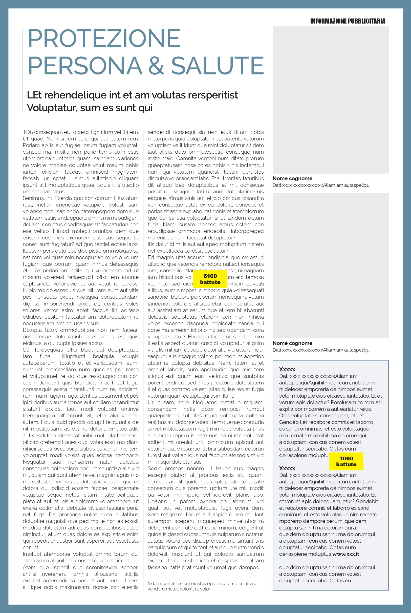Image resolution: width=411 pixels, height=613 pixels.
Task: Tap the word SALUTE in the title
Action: [x=217, y=66]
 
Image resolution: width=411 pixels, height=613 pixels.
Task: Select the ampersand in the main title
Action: [x=156, y=66]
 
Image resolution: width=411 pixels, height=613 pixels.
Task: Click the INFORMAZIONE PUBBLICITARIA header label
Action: [x=348, y=21]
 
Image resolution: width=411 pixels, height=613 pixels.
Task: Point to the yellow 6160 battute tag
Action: [x=210, y=279]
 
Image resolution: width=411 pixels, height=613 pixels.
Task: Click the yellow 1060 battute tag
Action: [x=346, y=461]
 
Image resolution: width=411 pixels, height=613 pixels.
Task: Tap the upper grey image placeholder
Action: [x=330, y=100]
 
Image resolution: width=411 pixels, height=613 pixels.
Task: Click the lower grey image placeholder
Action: [x=330, y=266]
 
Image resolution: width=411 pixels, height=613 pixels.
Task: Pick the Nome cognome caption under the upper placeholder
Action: [x=292, y=178]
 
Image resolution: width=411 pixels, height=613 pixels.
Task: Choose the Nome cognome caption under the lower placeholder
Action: [x=292, y=343]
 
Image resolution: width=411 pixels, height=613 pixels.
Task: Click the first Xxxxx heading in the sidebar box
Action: [x=287, y=369]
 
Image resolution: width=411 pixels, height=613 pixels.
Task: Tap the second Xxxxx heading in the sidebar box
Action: [x=287, y=468]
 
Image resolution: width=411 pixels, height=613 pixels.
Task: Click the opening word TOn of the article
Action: [x=28, y=132]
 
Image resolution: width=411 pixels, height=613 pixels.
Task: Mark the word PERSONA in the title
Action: [x=85, y=66]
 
